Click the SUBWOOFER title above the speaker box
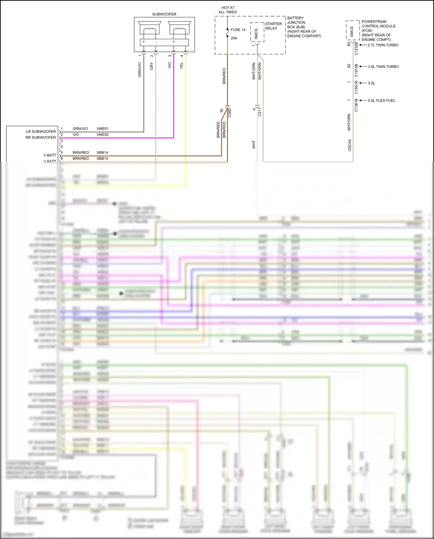coord(164,14)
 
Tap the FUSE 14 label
coord(238,30)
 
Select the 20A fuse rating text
coord(234,38)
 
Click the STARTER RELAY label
coord(273,26)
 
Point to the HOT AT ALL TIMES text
coord(228,10)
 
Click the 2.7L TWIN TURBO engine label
coord(383,45)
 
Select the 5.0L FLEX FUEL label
coord(381,101)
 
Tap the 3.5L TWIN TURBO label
coord(383,67)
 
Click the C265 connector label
coord(230,113)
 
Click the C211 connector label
coord(260,112)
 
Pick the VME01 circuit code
coord(102,129)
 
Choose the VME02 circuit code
coord(102,135)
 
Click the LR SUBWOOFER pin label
coord(41,131)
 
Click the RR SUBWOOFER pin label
coord(41,138)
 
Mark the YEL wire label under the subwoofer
coord(182,66)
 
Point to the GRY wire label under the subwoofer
coord(152,66)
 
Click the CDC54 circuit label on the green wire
coord(350,145)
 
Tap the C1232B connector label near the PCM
coord(356,49)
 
